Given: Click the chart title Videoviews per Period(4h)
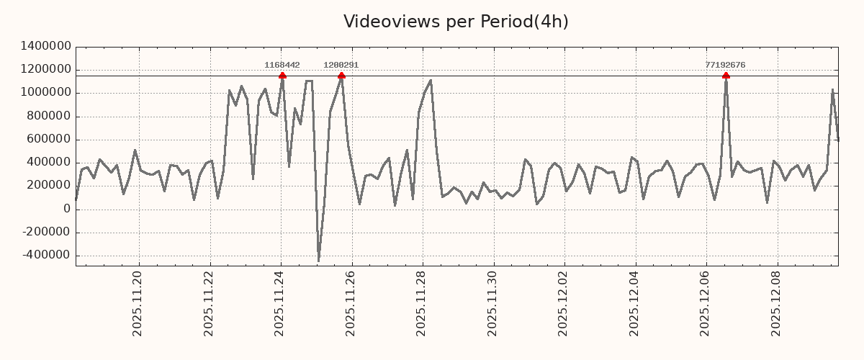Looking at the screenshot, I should tap(456, 22).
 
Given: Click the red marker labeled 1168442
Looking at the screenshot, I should tap(282, 76).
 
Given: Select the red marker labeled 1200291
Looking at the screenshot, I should tap(341, 76).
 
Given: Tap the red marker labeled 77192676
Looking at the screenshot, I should tap(726, 76).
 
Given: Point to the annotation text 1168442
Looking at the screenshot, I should tap(282, 65).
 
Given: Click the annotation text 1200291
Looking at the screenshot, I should tap(341, 65).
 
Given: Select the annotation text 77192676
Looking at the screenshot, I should tap(725, 65).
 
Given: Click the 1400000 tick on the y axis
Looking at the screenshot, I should tap(46, 46).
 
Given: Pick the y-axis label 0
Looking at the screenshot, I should tap(66, 210).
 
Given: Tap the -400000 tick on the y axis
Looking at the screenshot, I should tap(46, 256).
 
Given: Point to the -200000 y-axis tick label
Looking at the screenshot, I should tap(46, 233).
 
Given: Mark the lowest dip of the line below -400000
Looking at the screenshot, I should tap(318, 261).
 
